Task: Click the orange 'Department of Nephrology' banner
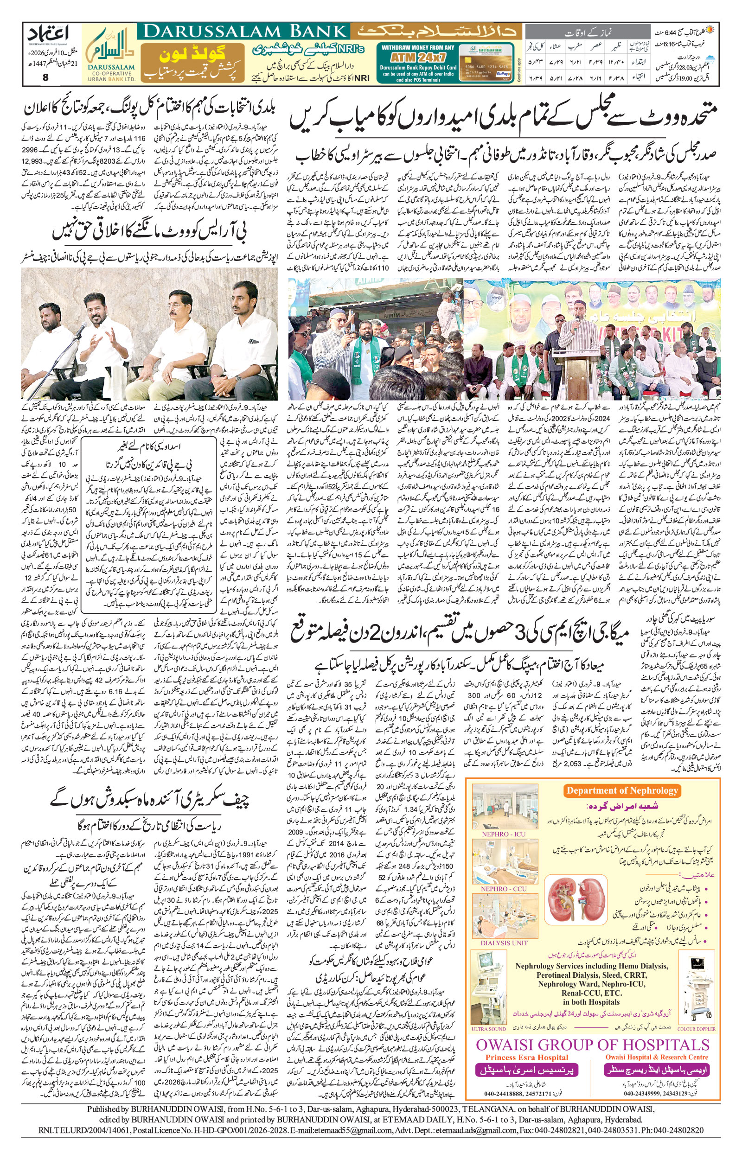(622, 790)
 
